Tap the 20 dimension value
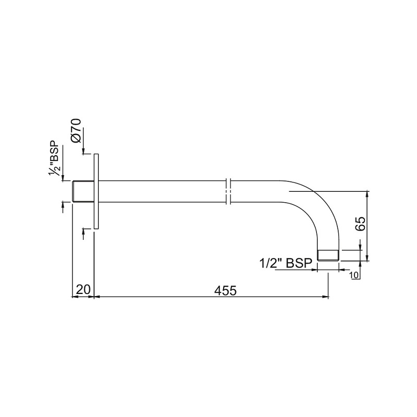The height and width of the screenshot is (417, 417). click(83, 290)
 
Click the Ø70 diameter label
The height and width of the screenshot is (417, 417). click(76, 131)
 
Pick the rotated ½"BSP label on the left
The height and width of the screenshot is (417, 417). click(55, 158)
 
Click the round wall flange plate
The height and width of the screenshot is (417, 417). click(96, 191)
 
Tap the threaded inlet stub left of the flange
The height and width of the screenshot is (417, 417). click(82, 191)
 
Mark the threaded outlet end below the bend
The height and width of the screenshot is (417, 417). click(328, 255)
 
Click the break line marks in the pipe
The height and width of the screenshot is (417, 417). click(228, 191)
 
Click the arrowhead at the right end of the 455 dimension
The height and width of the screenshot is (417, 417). click(326, 297)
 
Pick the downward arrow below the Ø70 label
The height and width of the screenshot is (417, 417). click(83, 151)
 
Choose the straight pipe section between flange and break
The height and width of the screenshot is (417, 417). click(162, 191)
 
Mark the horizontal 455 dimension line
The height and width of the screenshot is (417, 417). click(208, 297)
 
